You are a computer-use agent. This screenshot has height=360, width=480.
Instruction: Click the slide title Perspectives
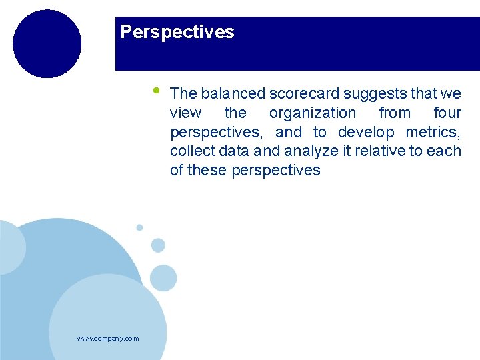pyautogui.click(x=177, y=32)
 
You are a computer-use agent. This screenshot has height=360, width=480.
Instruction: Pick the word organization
pyautogui.click(x=312, y=113)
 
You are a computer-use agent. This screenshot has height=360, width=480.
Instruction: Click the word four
pyautogui.click(x=447, y=113)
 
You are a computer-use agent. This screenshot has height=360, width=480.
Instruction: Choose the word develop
pyautogui.click(x=366, y=132)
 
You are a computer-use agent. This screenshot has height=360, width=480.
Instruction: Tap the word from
pyautogui.click(x=395, y=113)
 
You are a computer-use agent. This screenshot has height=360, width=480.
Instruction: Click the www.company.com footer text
pyautogui.click(x=108, y=339)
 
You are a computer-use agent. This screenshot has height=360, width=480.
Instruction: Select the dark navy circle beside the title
pyautogui.click(x=47, y=44)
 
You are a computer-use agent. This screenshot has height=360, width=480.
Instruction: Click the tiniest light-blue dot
pyautogui.click(x=139, y=227)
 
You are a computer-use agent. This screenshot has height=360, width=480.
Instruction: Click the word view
pyautogui.click(x=185, y=113)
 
